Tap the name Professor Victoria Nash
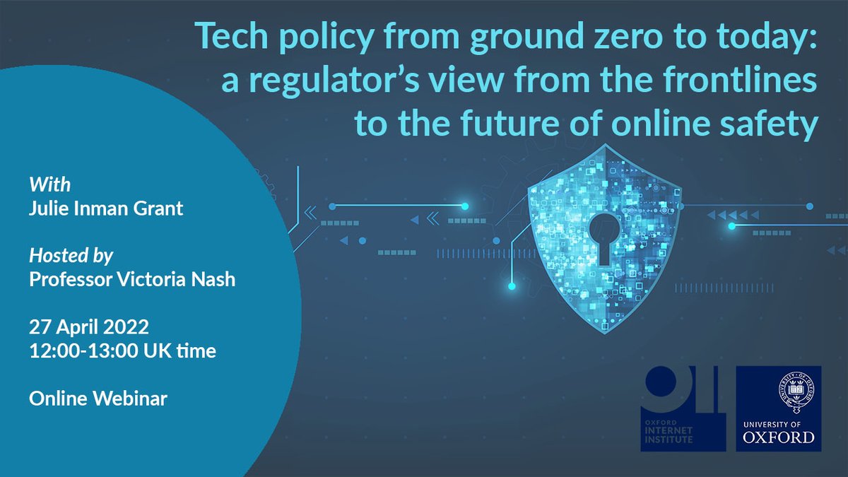click(132, 279)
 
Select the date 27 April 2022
click(89, 328)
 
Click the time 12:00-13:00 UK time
click(122, 350)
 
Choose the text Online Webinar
click(98, 399)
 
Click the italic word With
click(49, 186)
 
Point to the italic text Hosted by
click(71, 255)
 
